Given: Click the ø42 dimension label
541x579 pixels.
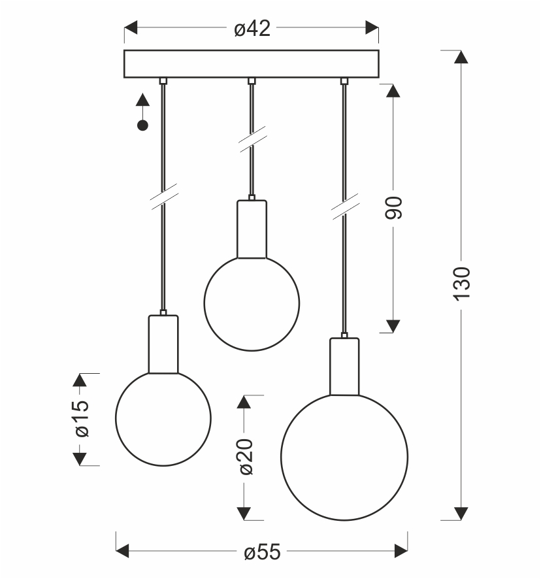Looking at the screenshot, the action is pyautogui.click(x=252, y=29).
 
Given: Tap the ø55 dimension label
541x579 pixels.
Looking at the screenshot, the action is pyautogui.click(x=262, y=552).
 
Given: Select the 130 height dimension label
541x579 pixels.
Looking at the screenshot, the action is pyautogui.click(x=461, y=284).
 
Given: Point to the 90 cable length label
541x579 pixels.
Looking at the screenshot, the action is pyautogui.click(x=393, y=208).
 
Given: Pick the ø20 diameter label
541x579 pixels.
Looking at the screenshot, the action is pyautogui.click(x=246, y=457).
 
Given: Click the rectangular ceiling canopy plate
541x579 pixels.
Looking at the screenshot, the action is pyautogui.click(x=252, y=64).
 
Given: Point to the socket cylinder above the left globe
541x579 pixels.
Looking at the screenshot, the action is pyautogui.click(x=163, y=344).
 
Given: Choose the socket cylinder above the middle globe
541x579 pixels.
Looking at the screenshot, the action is pyautogui.click(x=252, y=229).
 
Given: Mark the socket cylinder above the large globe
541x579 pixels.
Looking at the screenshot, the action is pyautogui.click(x=344, y=367).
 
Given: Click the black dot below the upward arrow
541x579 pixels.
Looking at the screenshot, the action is pyautogui.click(x=142, y=125).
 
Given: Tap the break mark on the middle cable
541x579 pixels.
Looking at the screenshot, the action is pyautogui.click(x=253, y=139).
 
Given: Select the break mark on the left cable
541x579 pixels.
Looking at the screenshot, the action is pyautogui.click(x=165, y=197).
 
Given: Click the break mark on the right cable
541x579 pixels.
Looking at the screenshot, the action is pyautogui.click(x=345, y=207).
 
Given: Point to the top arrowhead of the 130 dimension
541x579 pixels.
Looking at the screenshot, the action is pyautogui.click(x=461, y=58).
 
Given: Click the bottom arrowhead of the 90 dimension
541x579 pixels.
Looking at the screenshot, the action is pyautogui.click(x=393, y=326).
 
